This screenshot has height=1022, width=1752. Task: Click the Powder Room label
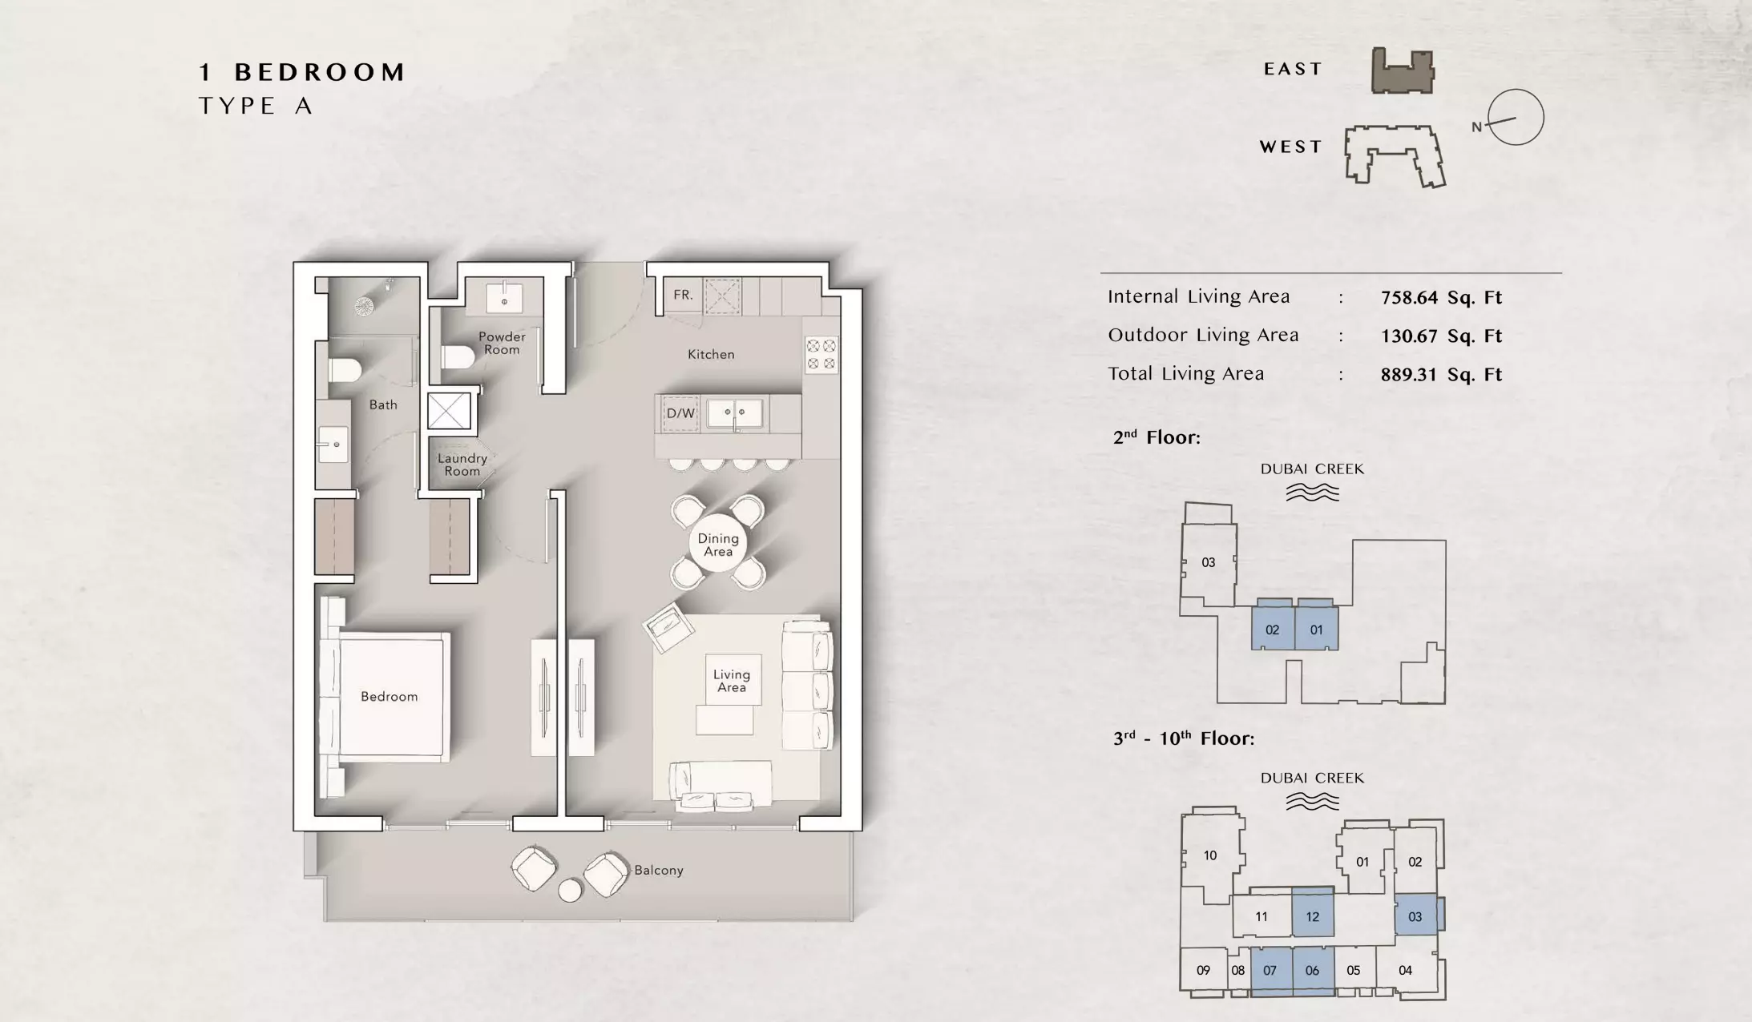click(502, 343)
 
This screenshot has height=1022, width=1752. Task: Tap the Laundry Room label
click(462, 465)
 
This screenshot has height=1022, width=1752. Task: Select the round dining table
click(718, 545)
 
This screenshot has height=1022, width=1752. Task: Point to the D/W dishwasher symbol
click(680, 413)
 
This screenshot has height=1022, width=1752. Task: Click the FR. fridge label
click(683, 295)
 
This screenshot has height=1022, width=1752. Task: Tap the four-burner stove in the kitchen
click(822, 355)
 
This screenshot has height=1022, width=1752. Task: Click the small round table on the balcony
click(571, 891)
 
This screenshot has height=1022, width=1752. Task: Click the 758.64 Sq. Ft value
click(1441, 298)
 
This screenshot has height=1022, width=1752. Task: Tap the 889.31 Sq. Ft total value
click(1441, 375)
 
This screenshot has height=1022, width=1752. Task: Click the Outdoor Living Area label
click(1203, 336)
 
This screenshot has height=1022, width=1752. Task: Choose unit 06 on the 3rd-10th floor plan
click(1313, 971)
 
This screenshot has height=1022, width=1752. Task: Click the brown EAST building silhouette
click(1403, 70)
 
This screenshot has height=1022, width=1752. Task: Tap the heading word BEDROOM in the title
click(321, 72)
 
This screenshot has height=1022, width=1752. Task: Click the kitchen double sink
click(735, 412)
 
